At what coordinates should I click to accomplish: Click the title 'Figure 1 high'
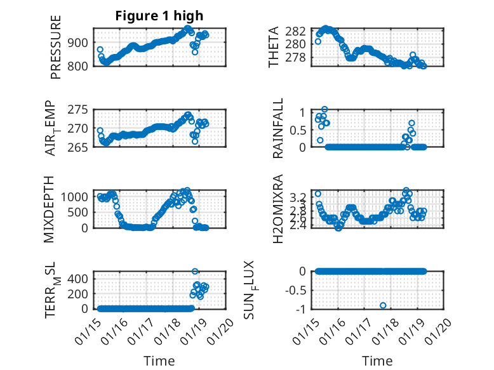[159, 16]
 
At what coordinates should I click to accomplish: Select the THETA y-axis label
[274, 47]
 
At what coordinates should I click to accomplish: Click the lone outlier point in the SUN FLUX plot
[383, 305]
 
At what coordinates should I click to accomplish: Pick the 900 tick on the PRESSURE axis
[83, 43]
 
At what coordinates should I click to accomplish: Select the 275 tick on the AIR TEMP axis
[83, 110]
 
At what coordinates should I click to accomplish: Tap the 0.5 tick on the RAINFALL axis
[298, 129]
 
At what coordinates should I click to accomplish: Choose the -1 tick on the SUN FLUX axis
[302, 309]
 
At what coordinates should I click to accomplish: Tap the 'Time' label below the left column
[159, 360]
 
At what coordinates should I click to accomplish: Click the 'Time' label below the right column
[377, 360]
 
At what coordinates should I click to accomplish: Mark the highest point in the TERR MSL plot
[195, 272]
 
